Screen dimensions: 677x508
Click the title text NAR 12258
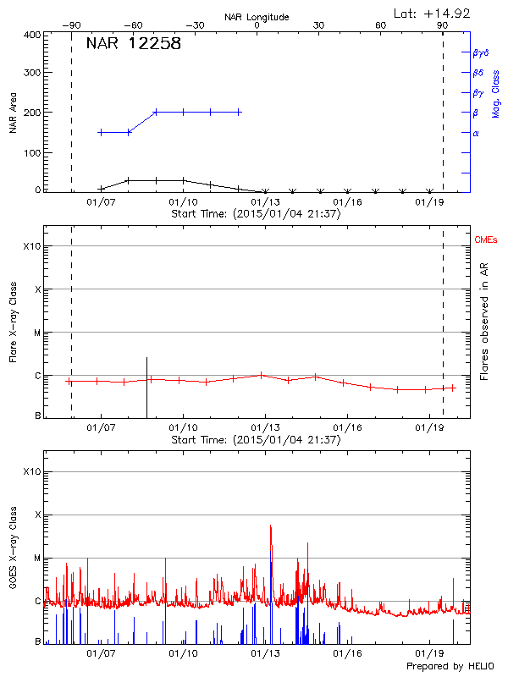134,44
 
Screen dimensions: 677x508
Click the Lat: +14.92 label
432,13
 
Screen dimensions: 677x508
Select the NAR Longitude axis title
257,17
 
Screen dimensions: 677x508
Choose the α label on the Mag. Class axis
475,133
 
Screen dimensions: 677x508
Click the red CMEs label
487,240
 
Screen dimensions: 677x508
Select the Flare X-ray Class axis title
13,322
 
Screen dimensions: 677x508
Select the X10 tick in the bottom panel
31,471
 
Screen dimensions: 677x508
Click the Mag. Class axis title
496,93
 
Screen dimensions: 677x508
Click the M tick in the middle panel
37,333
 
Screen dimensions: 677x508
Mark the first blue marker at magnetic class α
101,132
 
